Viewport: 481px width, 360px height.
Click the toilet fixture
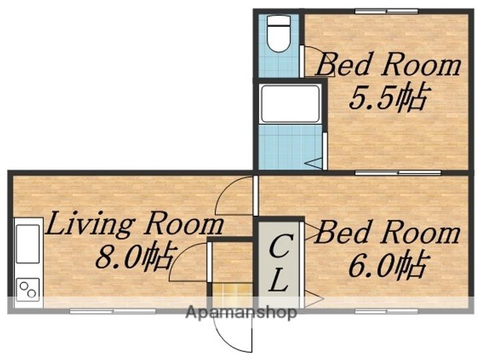coord(279,33)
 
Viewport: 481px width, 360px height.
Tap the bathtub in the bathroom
coord(290,104)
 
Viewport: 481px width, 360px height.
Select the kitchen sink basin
coord(27,244)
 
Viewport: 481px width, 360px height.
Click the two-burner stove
coord(27,290)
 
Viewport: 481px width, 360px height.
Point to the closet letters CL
coord(279,264)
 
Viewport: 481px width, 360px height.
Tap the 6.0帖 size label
coord(387,264)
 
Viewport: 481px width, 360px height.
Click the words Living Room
coord(135,224)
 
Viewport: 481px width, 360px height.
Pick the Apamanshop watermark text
coord(242,313)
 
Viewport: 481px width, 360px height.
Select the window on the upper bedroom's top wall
coord(387,11)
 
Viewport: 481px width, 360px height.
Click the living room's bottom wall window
coord(113,311)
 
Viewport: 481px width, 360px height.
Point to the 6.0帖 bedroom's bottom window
coord(387,311)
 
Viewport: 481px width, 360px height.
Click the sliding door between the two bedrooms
coord(398,173)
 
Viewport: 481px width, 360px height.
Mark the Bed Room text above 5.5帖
coord(388,64)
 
